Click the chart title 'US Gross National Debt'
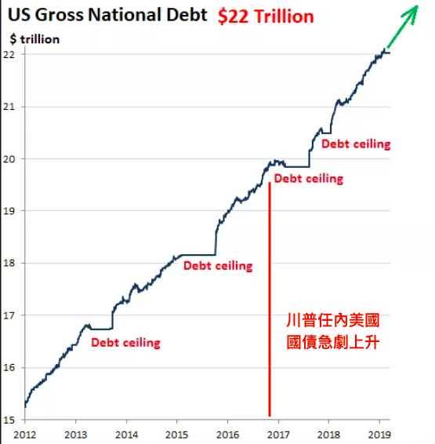(107, 15)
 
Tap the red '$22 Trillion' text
(266, 16)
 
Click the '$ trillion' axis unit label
(34, 39)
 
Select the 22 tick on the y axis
(9, 54)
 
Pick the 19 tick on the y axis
(9, 211)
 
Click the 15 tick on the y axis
(9, 420)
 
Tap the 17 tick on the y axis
(9, 315)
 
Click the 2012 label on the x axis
(25, 435)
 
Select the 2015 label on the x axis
(177, 435)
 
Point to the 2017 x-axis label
(278, 435)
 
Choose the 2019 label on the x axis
(379, 435)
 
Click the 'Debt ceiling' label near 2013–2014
(125, 343)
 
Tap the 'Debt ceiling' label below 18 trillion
(218, 266)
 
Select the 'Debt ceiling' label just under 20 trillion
(309, 179)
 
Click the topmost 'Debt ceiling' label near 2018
(356, 144)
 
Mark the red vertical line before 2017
(270, 300)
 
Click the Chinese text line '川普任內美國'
(333, 320)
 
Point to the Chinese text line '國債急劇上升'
(333, 342)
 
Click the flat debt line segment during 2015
(198, 255)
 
